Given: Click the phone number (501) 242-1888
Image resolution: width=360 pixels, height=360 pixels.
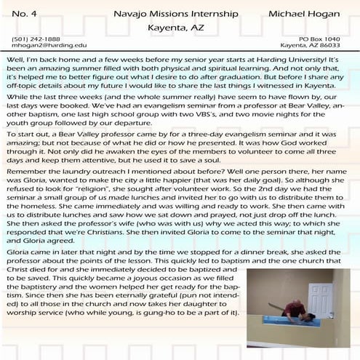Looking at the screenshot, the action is [x=36, y=38].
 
